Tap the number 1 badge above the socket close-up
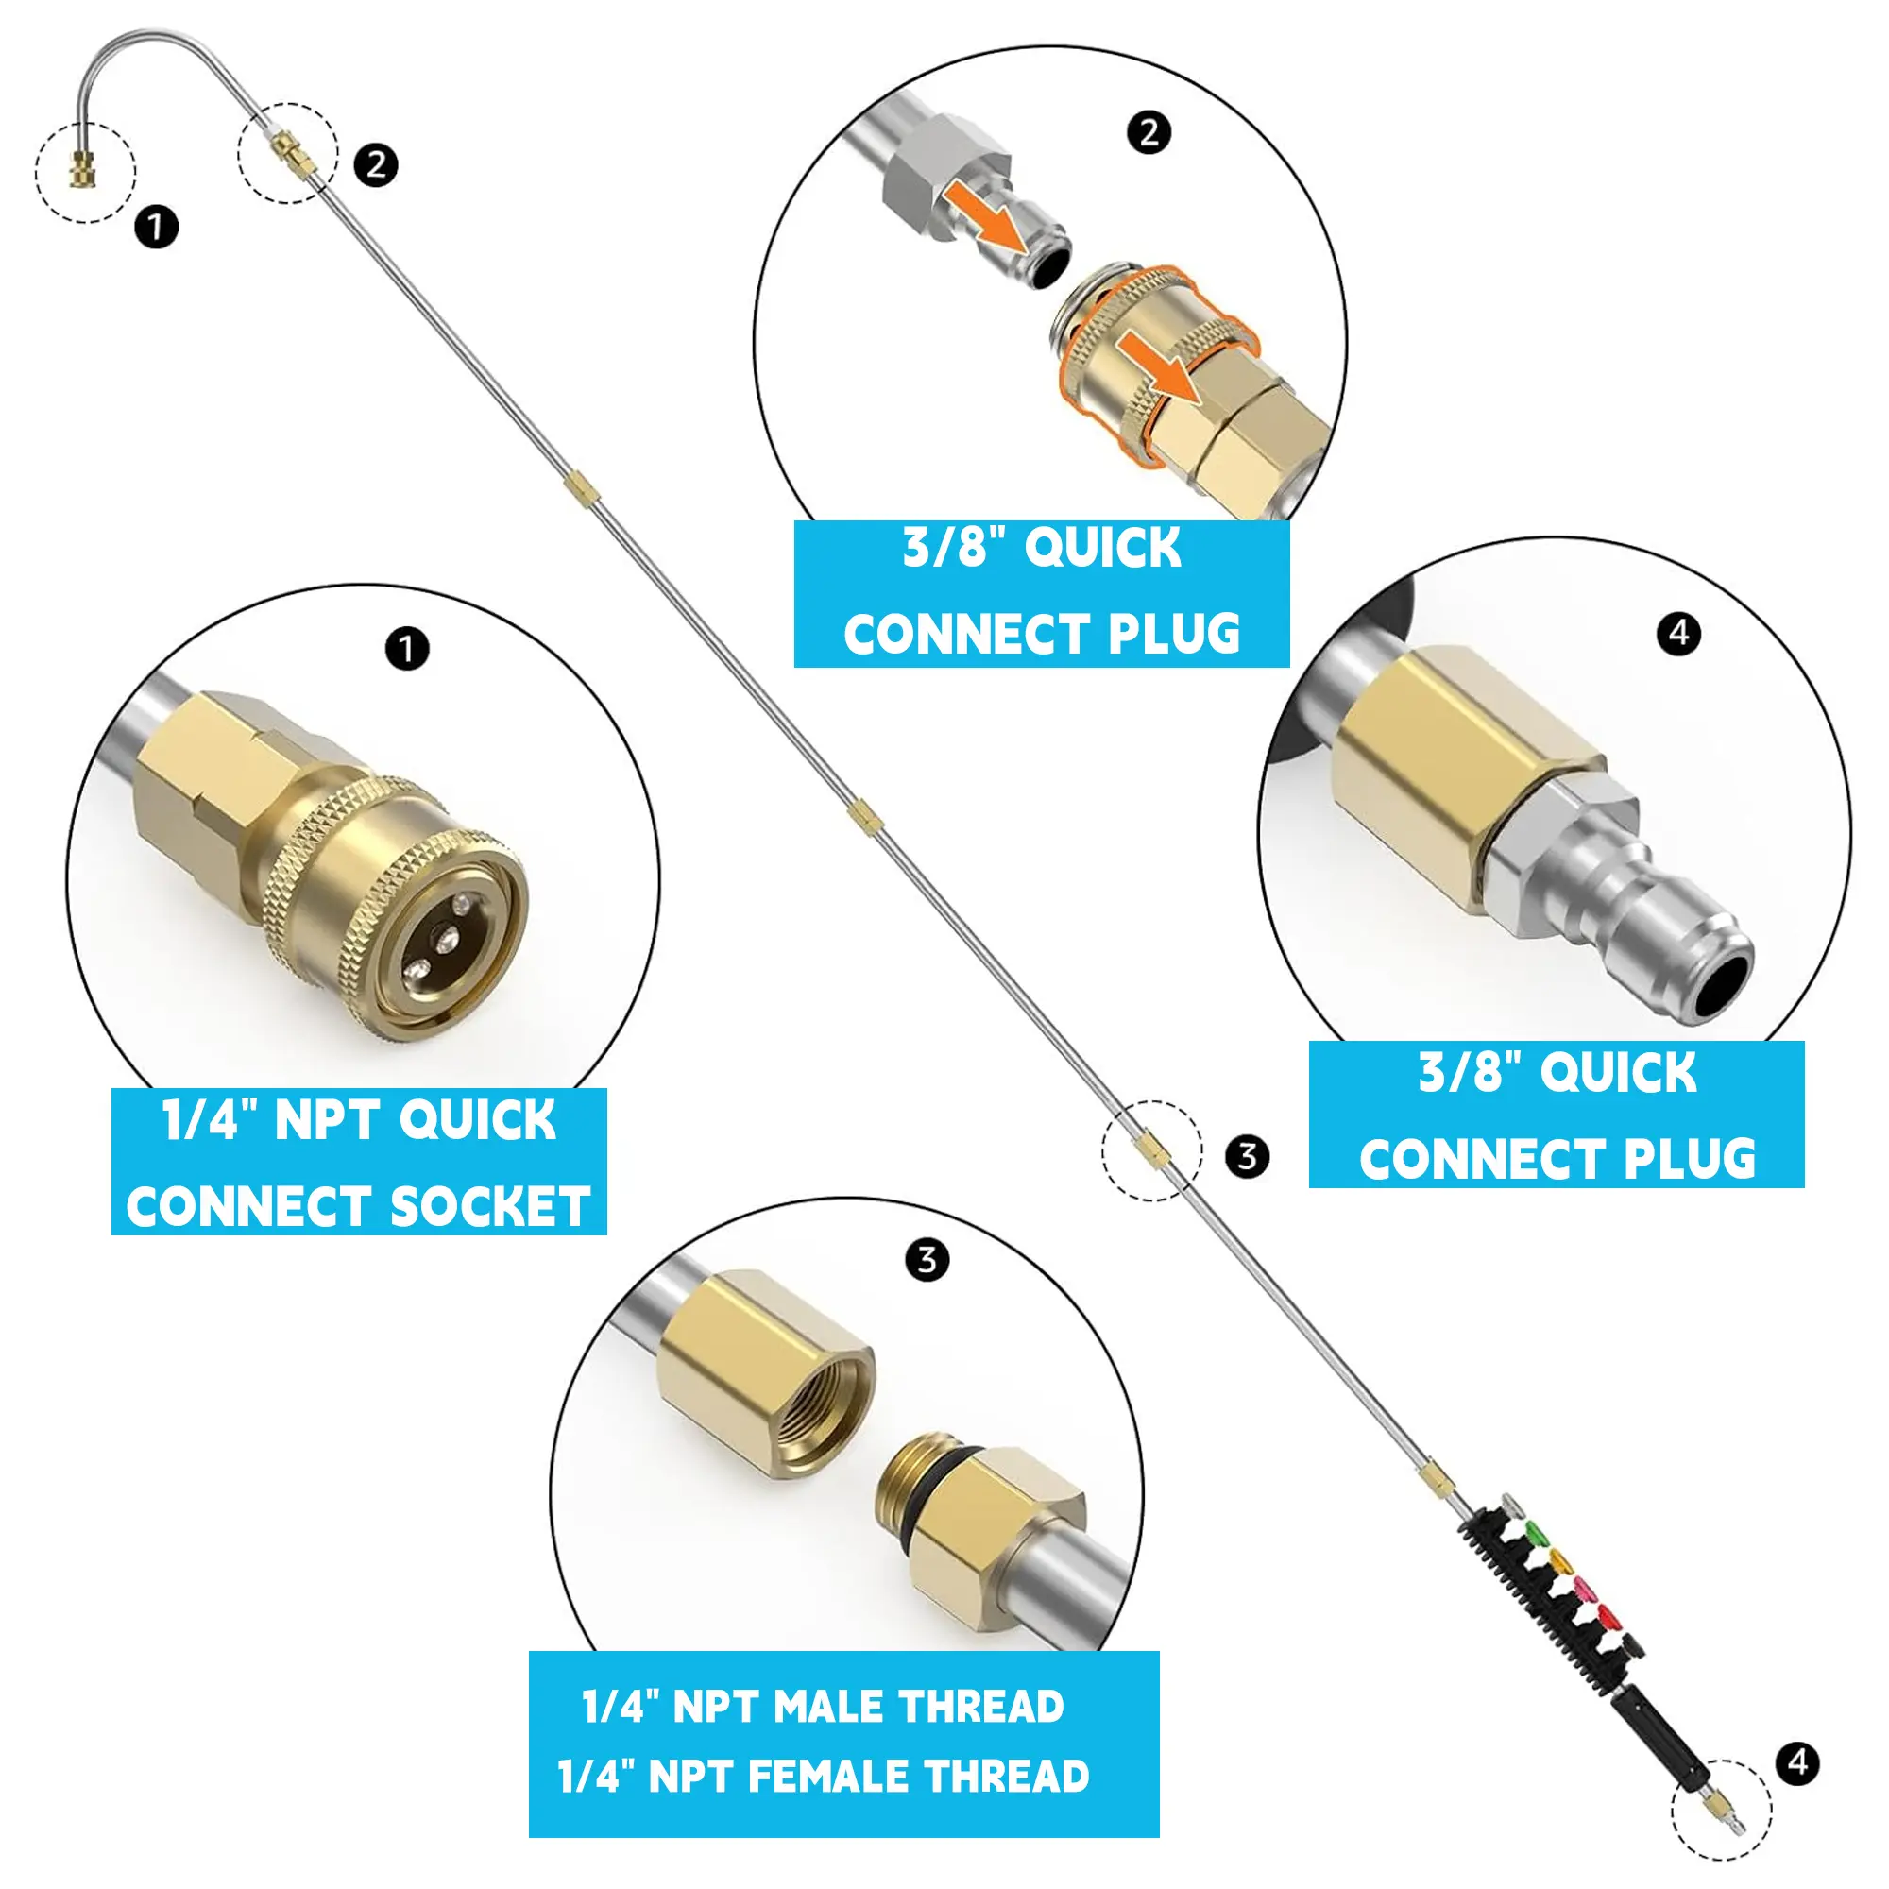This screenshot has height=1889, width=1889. click(x=407, y=648)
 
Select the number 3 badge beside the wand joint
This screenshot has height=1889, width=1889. click(x=1247, y=1157)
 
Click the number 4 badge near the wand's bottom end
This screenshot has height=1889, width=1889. click(x=1798, y=1762)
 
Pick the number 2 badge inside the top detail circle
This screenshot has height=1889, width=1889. click(x=1149, y=132)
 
